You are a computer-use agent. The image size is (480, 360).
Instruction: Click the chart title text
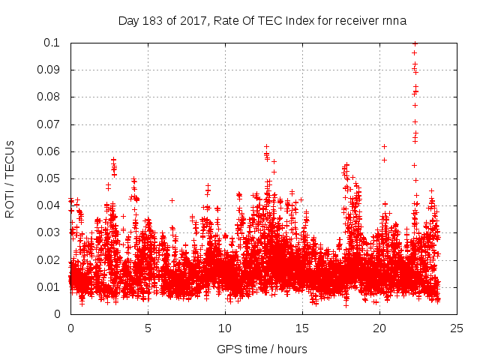click(262, 20)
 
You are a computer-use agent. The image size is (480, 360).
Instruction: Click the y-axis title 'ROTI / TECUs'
click(10, 178)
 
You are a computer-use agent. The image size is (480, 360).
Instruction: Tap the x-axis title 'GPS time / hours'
click(262, 349)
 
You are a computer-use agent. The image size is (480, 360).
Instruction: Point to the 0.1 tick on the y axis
click(55, 43)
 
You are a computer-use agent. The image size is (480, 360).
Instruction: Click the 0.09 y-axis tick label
click(51, 70)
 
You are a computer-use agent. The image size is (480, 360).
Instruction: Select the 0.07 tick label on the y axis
click(51, 124)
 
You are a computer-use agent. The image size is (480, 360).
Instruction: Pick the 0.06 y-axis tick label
click(51, 151)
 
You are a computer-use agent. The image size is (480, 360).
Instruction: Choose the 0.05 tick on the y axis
click(51, 178)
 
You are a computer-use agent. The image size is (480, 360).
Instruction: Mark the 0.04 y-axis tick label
click(51, 205)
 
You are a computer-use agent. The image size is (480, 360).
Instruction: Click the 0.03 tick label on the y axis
click(51, 232)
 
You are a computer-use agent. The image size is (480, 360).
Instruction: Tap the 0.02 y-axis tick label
click(51, 260)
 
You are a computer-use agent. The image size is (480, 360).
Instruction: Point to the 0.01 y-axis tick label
click(51, 287)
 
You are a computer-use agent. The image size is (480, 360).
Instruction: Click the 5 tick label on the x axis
click(148, 328)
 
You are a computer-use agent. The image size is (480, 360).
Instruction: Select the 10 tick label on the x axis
click(225, 328)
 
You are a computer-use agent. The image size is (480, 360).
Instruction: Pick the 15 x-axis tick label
click(302, 328)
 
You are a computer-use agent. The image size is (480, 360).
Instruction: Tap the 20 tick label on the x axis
click(379, 328)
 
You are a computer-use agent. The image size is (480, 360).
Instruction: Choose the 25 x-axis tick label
click(457, 328)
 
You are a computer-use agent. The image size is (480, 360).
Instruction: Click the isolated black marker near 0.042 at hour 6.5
click(172, 200)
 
